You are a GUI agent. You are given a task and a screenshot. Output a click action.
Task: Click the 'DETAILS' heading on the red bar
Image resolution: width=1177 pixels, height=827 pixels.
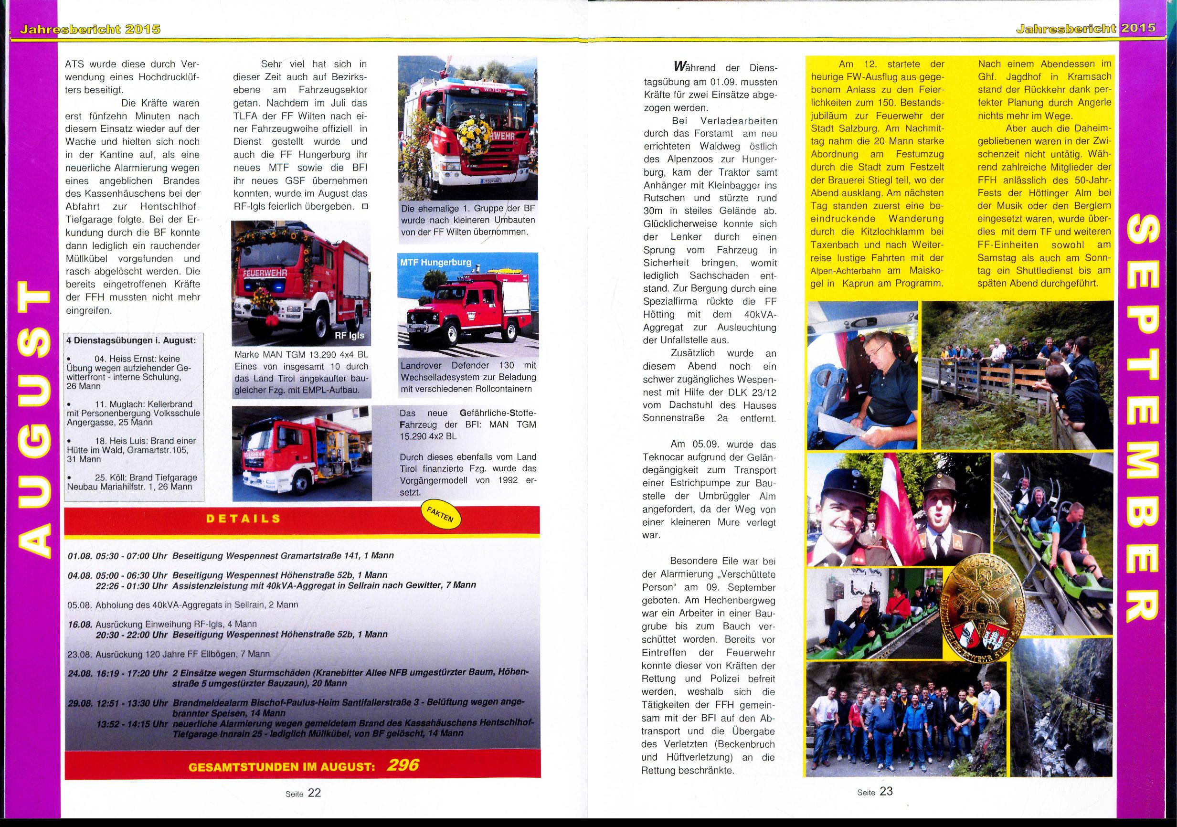tap(243, 519)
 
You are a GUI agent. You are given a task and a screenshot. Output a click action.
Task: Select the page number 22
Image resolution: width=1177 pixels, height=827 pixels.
tap(314, 793)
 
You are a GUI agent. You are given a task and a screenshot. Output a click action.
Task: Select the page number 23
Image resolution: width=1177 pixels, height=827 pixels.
tap(886, 791)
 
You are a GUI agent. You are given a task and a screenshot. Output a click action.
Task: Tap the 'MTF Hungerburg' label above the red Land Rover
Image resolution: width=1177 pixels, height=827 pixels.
tap(436, 262)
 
